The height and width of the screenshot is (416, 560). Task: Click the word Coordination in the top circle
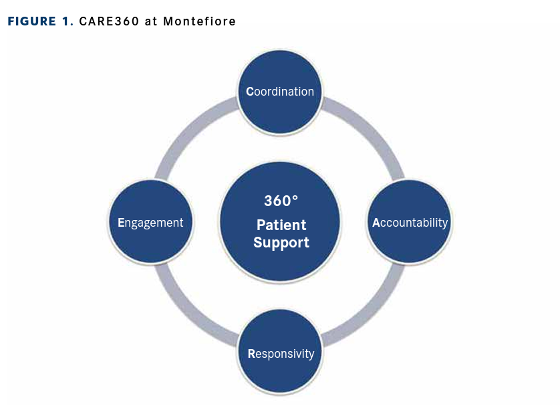tap(281, 92)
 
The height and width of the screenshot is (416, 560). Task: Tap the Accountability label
tap(410, 223)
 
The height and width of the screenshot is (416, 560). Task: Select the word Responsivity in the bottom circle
tap(281, 353)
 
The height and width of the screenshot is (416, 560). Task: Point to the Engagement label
tap(150, 223)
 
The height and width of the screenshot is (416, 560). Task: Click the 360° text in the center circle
tap(281, 201)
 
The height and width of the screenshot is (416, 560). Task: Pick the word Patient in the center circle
tap(281, 225)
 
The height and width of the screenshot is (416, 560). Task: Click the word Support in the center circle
tap(281, 242)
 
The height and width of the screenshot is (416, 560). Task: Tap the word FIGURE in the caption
tap(32, 21)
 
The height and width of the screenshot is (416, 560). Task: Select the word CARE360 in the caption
tap(109, 21)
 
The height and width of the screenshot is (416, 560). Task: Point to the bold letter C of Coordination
tap(250, 92)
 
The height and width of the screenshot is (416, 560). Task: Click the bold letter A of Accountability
tap(376, 223)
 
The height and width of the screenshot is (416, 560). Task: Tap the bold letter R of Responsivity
tap(251, 353)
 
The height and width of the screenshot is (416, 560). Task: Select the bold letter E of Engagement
tap(121, 223)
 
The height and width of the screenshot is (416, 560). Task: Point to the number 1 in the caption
tap(67, 21)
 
